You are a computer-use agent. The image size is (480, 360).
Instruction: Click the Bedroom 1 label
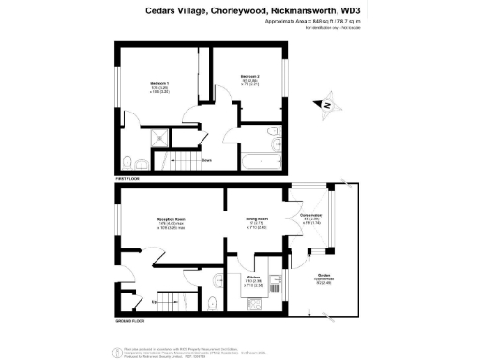click(159, 83)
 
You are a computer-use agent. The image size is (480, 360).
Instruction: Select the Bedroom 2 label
click(248, 76)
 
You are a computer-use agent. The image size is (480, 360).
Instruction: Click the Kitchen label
click(253, 278)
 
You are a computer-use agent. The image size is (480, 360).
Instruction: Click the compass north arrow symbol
click(326, 105)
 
